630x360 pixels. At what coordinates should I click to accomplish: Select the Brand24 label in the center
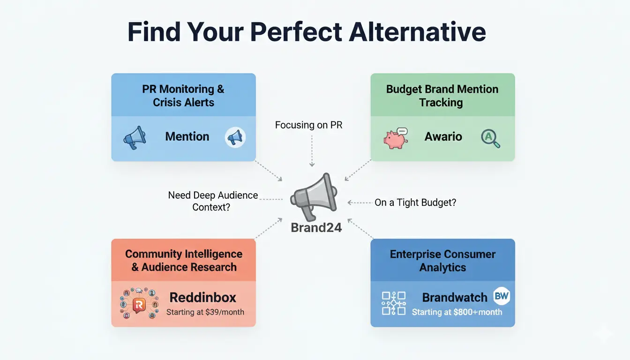tap(316, 228)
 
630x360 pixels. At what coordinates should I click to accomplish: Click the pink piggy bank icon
tap(395, 138)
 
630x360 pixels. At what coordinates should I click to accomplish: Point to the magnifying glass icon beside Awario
tap(490, 138)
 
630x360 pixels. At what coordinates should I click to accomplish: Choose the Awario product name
tap(443, 137)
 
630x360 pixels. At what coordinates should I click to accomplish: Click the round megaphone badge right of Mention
tap(235, 138)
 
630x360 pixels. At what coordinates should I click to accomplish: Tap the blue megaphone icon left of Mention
tap(134, 138)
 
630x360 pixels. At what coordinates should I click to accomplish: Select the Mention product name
tap(187, 137)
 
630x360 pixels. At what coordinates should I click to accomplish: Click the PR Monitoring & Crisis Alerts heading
tap(183, 96)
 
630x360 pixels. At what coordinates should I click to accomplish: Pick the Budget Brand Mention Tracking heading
tap(442, 96)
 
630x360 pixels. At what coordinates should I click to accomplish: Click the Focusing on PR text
tap(308, 125)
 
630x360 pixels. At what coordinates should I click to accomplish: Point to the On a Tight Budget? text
tap(415, 202)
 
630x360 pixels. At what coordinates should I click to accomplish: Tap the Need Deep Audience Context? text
tap(213, 201)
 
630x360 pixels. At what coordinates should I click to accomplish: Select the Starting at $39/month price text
tap(205, 312)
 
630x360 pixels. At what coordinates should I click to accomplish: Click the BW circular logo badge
tap(502, 296)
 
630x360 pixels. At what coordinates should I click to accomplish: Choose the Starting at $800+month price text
tap(457, 312)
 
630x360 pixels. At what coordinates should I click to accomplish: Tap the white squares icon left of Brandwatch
tap(394, 303)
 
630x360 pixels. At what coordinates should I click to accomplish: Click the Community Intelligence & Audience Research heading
tap(183, 261)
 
